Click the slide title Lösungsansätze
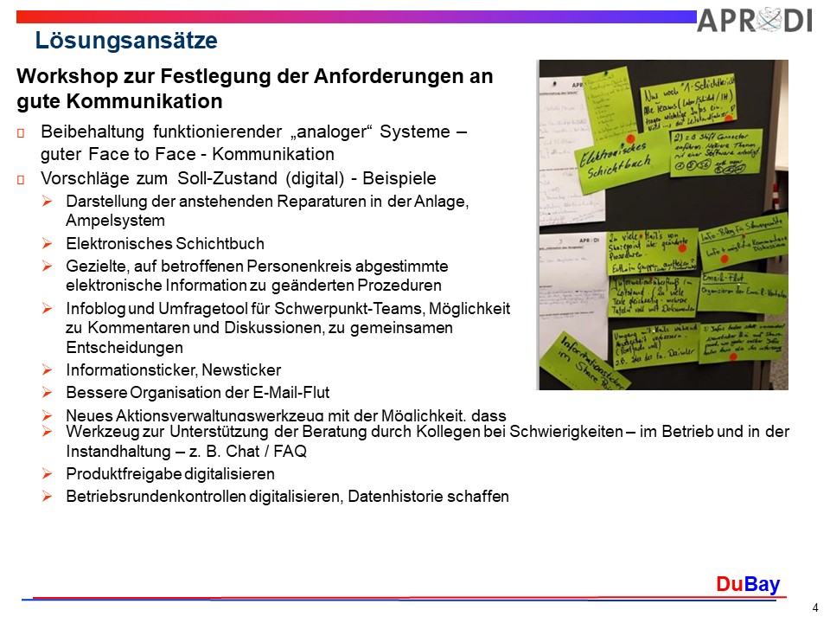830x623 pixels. (125, 41)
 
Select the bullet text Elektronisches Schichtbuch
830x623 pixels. (164, 244)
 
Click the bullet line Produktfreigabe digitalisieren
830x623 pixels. (170, 474)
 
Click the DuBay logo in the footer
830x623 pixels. (747, 585)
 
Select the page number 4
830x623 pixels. (814, 607)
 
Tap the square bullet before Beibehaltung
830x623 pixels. (22, 132)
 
